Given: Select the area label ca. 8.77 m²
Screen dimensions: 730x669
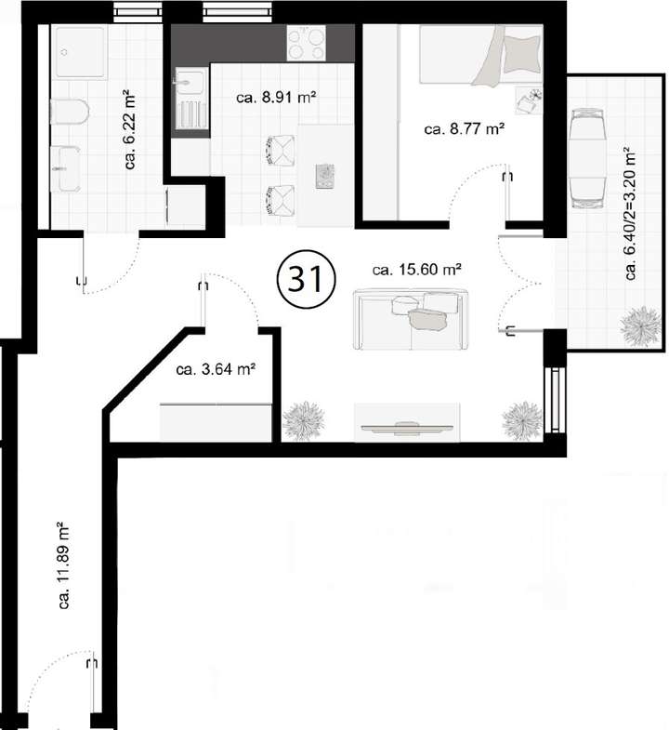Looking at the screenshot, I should click(464, 129).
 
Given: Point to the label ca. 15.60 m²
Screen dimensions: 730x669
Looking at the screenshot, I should click(417, 271).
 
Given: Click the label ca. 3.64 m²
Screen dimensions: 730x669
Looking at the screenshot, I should click(216, 369).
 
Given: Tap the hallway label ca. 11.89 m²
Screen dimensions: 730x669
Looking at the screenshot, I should click(65, 565).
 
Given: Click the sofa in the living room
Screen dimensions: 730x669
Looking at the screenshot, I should click(409, 318).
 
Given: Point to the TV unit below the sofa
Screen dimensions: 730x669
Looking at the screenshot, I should click(407, 422).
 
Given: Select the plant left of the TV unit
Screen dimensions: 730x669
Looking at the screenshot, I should click(304, 420).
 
